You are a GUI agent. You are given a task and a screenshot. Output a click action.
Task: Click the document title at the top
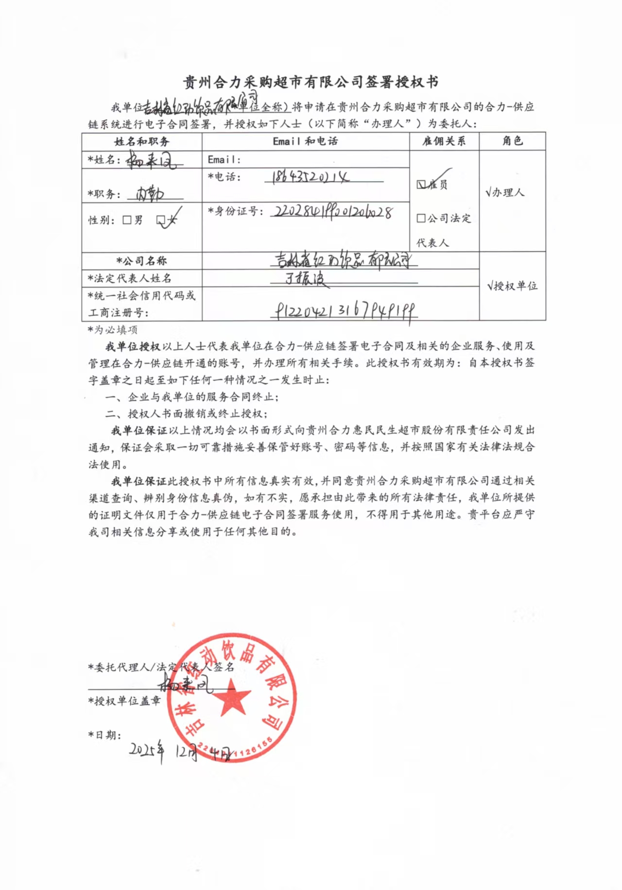[x=311, y=82]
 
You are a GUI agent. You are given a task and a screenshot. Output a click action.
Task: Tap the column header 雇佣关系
[x=444, y=141]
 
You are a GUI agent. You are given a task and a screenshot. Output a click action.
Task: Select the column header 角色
[x=512, y=141]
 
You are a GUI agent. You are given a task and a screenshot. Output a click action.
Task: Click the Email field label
[x=224, y=159]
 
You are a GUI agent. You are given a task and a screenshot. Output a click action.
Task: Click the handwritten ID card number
[x=333, y=212]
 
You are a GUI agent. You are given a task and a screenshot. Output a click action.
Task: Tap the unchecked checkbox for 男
[x=127, y=220]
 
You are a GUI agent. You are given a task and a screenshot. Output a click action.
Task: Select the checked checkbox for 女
[x=161, y=220]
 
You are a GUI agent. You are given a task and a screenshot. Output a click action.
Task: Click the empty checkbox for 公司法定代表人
[x=421, y=218]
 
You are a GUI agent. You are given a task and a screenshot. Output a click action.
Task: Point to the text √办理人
[x=505, y=192]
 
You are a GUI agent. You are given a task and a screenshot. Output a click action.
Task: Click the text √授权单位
[x=512, y=286]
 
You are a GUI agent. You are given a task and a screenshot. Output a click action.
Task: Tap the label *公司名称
[x=141, y=261]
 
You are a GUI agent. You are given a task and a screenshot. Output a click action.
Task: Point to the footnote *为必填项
[x=113, y=330]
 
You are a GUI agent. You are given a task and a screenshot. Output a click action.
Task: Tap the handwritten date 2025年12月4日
[x=180, y=752]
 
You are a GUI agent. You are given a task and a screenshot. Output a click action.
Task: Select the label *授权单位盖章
[x=124, y=701]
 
